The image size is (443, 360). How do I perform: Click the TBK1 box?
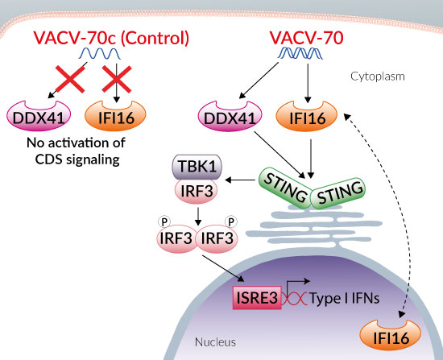pyautogui.click(x=197, y=167)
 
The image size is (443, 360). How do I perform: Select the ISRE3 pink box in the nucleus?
pyautogui.click(x=257, y=298)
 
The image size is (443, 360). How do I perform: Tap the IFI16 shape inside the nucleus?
pyautogui.click(x=391, y=335)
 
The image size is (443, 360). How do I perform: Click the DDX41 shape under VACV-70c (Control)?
pyautogui.click(x=39, y=116)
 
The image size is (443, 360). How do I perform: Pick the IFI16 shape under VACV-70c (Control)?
pyautogui.click(x=115, y=116)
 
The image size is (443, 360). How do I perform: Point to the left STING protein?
pyautogui.click(x=285, y=188)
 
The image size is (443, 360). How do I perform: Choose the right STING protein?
pyautogui.click(x=338, y=193)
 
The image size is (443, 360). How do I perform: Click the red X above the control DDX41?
pyautogui.click(x=70, y=79)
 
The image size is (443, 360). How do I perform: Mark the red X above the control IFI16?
pyautogui.click(x=117, y=79)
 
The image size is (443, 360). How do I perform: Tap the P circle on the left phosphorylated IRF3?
pyautogui.click(x=164, y=221)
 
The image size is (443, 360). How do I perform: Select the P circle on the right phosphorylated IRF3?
pyautogui.click(x=231, y=221)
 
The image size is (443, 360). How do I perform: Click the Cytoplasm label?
pyautogui.click(x=378, y=77)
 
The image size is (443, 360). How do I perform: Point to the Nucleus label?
pyautogui.click(x=215, y=342)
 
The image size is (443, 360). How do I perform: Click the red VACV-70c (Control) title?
pyautogui.click(x=111, y=38)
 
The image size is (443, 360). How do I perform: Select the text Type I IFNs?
pyautogui.click(x=345, y=299)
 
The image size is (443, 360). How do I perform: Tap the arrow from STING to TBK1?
pyautogui.click(x=240, y=180)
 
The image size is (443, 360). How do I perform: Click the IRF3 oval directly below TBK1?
pyautogui.click(x=197, y=192)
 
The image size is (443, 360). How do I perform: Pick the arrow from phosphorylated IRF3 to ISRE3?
pyautogui.click(x=223, y=268)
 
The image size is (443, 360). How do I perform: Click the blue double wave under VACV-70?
pyautogui.click(x=300, y=53)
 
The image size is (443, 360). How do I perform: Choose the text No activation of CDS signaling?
pyautogui.click(x=77, y=151)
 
